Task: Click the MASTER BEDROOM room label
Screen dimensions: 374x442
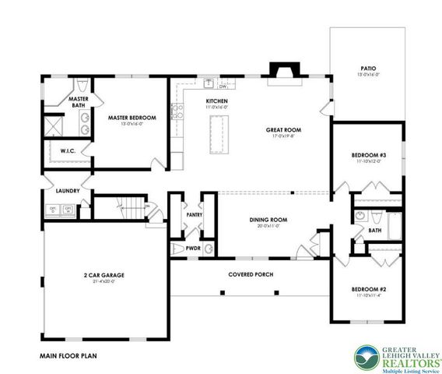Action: tap(132, 118)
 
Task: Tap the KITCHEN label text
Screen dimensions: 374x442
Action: tap(216, 102)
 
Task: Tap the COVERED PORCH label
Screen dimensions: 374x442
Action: tap(250, 274)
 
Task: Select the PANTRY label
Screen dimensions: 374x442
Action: tap(194, 214)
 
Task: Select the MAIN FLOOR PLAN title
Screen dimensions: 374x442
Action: tap(68, 355)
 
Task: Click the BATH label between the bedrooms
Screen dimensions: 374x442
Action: tap(375, 230)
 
